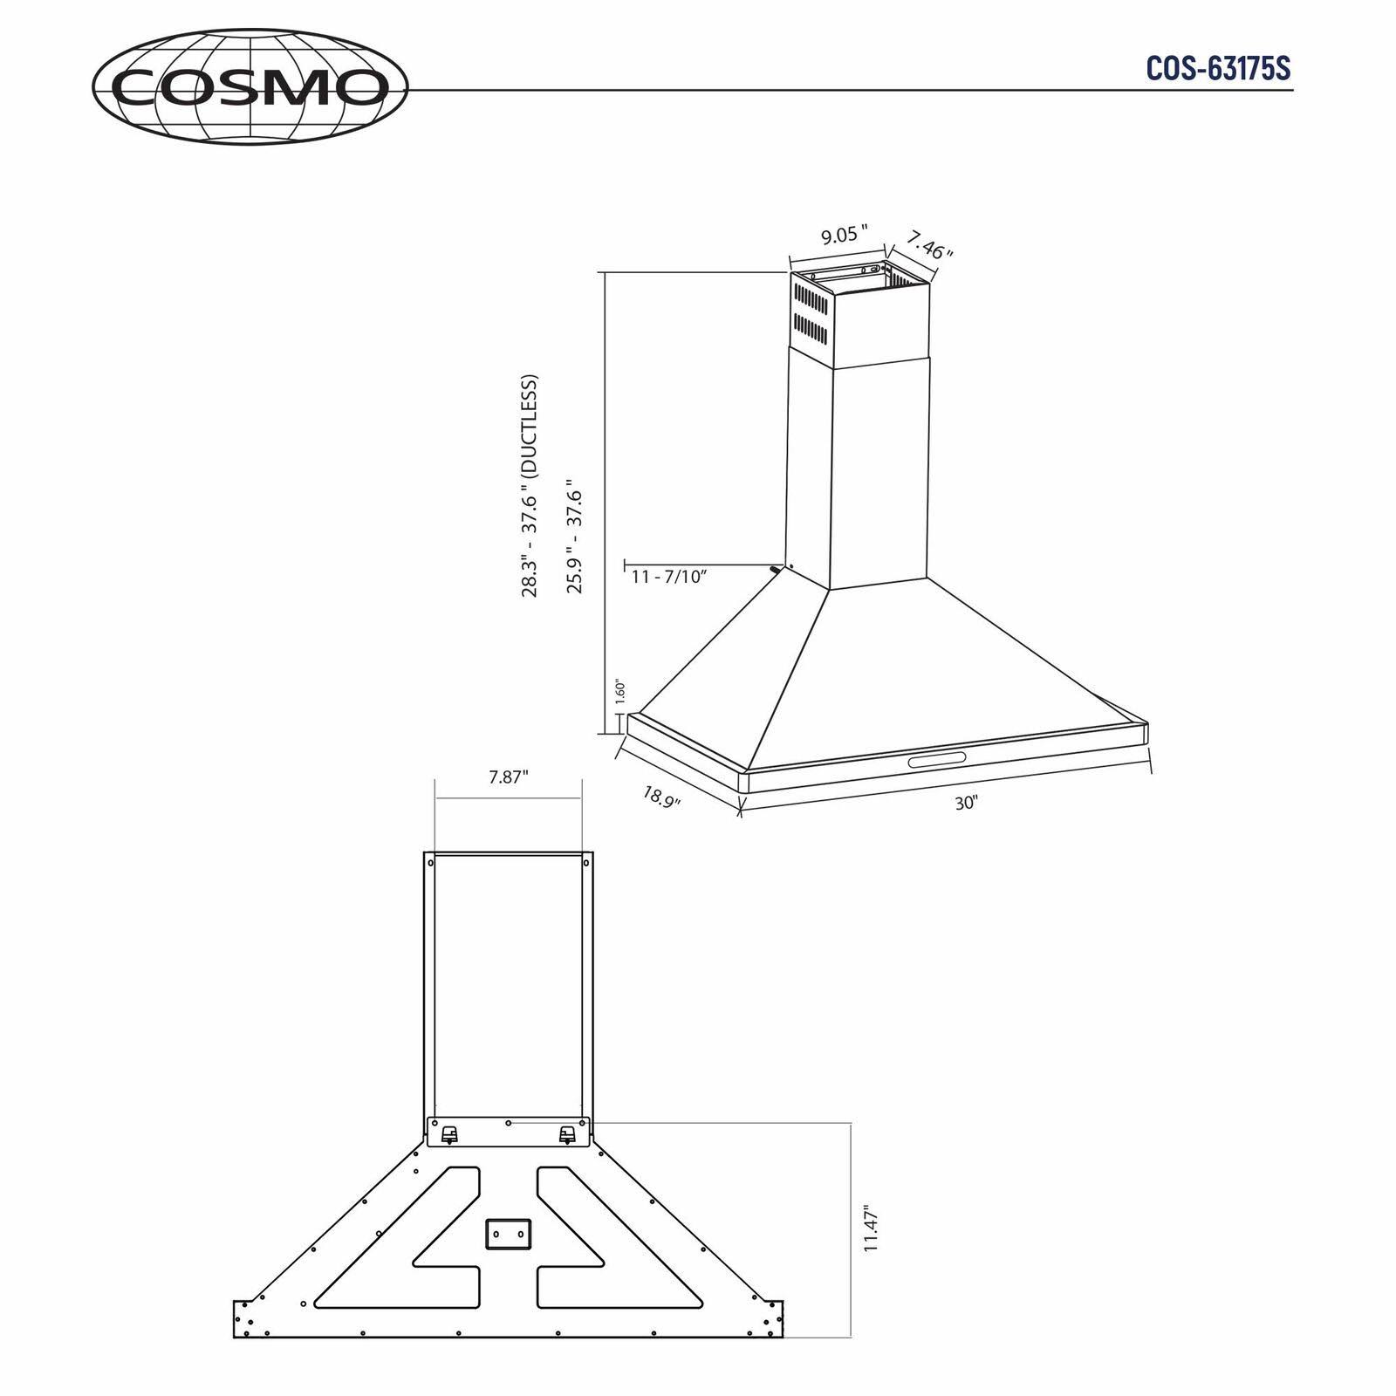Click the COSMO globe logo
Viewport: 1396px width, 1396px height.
250,86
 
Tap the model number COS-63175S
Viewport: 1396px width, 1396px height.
1218,68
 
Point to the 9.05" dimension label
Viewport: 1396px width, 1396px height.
844,236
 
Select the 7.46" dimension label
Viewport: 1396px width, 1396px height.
928,244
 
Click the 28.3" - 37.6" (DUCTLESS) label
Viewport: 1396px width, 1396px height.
530,486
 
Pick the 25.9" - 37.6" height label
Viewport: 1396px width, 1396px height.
574,536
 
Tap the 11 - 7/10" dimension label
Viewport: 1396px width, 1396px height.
668,577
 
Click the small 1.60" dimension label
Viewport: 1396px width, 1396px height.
619,693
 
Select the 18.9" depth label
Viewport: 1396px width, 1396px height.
661,797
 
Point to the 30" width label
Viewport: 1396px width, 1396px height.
966,803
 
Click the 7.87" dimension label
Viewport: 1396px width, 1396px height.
509,777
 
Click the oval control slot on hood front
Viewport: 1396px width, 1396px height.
936,760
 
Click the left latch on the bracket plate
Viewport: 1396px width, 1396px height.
449,1134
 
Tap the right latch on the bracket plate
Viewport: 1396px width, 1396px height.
567,1134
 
